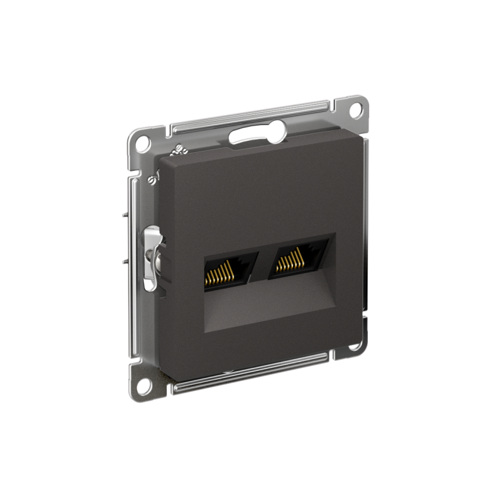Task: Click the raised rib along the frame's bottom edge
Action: tap(251, 370)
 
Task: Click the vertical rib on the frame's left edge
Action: tap(133, 189)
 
